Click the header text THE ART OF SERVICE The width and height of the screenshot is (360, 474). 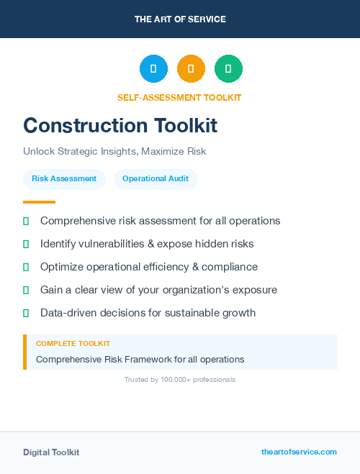[x=180, y=19]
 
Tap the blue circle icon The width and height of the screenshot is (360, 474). [x=153, y=69]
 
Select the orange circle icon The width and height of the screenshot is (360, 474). [x=191, y=69]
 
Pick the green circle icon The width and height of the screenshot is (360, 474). [x=228, y=69]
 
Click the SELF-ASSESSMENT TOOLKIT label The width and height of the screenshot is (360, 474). [x=179, y=97]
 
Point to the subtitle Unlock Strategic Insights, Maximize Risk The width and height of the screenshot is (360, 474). [x=114, y=152]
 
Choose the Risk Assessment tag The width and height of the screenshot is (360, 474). [x=64, y=179]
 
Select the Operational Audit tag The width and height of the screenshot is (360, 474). [x=156, y=179]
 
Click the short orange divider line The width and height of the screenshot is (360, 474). [x=39, y=202]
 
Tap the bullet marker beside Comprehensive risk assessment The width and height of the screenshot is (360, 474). [x=26, y=222]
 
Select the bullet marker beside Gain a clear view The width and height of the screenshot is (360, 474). [x=26, y=291]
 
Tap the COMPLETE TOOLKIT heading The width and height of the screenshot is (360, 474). [x=73, y=344]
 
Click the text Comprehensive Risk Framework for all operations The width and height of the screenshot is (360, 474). [x=140, y=359]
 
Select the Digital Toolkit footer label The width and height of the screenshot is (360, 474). [x=51, y=452]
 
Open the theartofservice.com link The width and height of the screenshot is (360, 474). [x=299, y=452]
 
